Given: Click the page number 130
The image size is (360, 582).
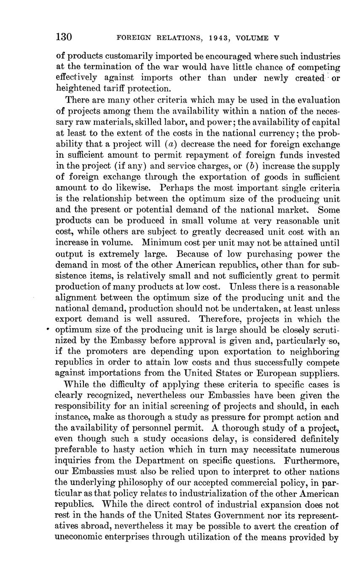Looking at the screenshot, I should tap(64, 37).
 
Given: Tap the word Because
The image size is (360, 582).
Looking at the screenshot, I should tap(196, 254).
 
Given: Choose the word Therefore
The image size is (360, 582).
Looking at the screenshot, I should tap(219, 320).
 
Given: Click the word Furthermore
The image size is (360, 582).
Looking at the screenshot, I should tap(312, 461).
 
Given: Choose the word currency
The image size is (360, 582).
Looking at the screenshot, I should tap(251, 133).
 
